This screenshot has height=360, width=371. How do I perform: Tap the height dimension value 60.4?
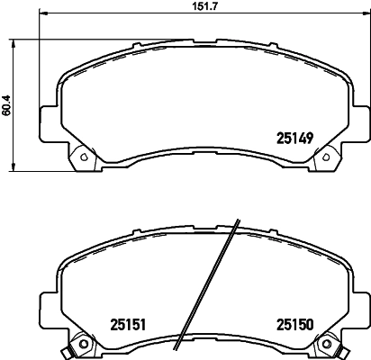(x=7, y=104)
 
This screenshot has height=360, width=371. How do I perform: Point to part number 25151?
(x=128, y=325)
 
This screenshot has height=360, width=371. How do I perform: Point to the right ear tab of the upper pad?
(x=360, y=118)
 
